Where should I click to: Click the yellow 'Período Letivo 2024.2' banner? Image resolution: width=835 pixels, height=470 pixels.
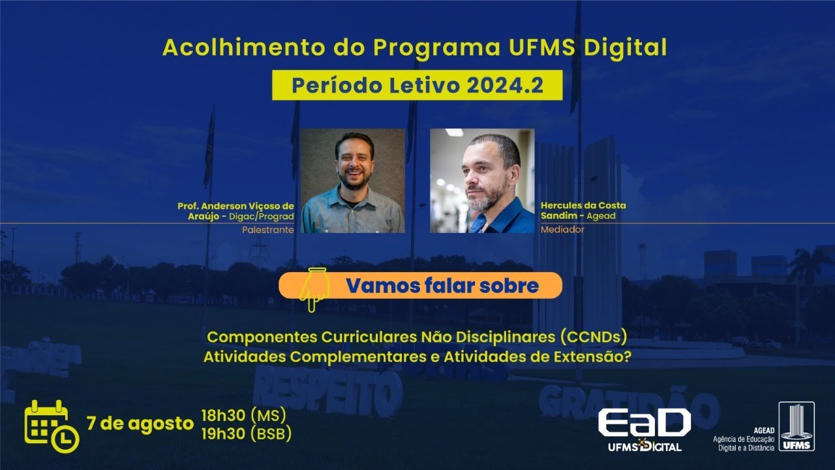point(417,86)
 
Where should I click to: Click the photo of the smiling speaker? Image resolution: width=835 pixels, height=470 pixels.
point(352,181)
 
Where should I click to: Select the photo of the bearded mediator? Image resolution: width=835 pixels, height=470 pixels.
point(482,181)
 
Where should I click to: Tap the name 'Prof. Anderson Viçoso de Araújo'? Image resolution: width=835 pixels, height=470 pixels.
point(236,211)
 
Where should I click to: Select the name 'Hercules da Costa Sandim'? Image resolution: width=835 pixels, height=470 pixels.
point(583,210)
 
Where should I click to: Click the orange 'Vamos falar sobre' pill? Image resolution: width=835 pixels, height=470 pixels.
point(421,285)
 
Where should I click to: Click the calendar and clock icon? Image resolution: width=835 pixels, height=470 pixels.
point(51,426)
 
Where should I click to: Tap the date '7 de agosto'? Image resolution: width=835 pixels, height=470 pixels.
point(140,423)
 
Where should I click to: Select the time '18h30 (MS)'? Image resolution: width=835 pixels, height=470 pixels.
point(243,415)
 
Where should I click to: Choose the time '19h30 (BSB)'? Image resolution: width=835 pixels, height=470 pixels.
point(246,433)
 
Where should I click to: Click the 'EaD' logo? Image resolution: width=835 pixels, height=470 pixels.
point(643,425)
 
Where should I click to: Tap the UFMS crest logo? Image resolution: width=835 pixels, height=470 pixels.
point(796,426)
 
